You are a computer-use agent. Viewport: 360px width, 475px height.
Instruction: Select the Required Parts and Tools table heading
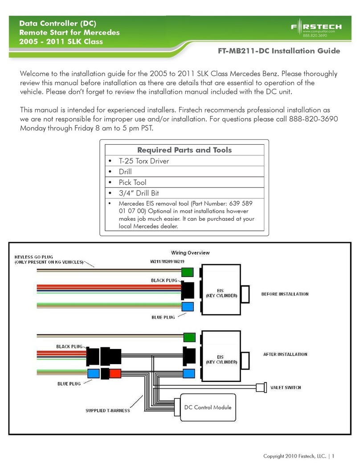point(184,150)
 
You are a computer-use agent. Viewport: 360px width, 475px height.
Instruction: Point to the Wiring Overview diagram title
point(190,253)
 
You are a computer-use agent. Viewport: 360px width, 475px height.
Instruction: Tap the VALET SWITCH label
point(286,387)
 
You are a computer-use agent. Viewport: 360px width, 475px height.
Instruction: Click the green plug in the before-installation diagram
point(187,272)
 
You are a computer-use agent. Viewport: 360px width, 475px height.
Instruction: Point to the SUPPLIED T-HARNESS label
point(108,410)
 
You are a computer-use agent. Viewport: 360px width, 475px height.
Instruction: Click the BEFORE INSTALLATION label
point(284,294)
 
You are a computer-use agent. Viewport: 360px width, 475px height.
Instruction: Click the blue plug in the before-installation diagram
point(187,306)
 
